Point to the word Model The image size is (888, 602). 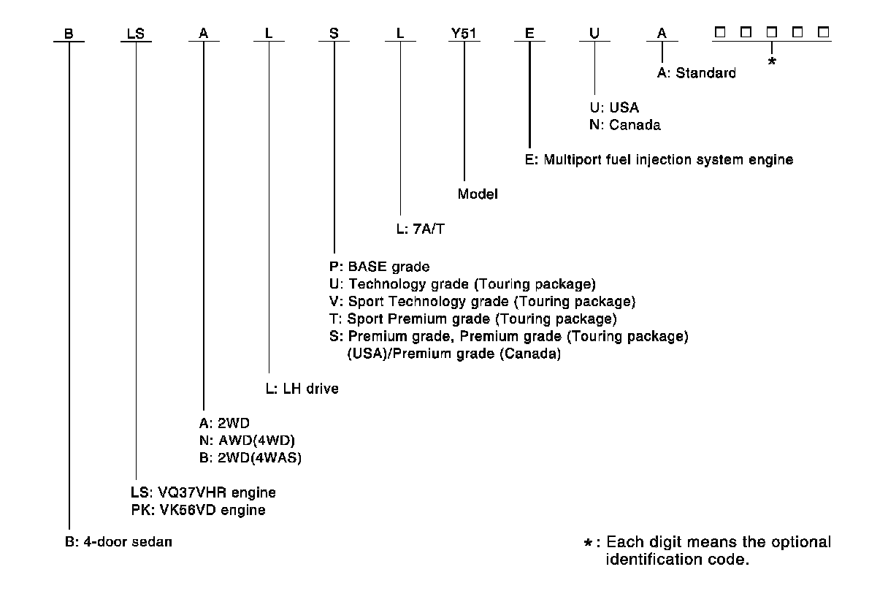coord(478,194)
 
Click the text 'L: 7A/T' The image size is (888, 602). coord(420,229)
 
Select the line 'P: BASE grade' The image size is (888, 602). coord(379,267)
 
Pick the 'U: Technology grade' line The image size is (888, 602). coord(463,283)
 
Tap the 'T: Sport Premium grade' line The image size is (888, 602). coord(473,319)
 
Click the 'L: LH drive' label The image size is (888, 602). coord(302,389)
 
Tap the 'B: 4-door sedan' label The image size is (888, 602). coord(118,542)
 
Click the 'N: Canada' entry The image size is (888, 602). coord(624,125)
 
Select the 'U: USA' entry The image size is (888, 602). coord(613,108)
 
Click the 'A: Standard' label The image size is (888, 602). coord(696,72)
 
